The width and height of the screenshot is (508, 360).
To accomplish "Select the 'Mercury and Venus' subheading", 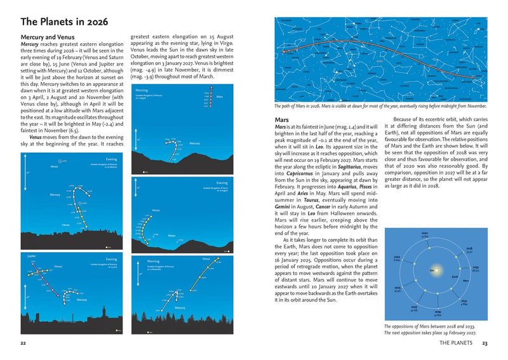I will [47, 38].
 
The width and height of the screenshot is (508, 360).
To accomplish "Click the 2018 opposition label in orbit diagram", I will [469, 250].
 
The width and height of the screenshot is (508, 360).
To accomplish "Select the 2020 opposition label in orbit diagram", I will [425, 234].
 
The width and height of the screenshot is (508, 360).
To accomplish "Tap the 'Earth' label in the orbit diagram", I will [455, 277].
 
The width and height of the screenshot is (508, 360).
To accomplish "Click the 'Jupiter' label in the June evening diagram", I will [32, 257].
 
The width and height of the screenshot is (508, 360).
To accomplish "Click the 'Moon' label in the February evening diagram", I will [54, 167].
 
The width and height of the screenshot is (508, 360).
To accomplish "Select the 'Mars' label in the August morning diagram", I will [220, 97].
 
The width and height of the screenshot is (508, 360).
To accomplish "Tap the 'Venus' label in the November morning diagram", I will [206, 259].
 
